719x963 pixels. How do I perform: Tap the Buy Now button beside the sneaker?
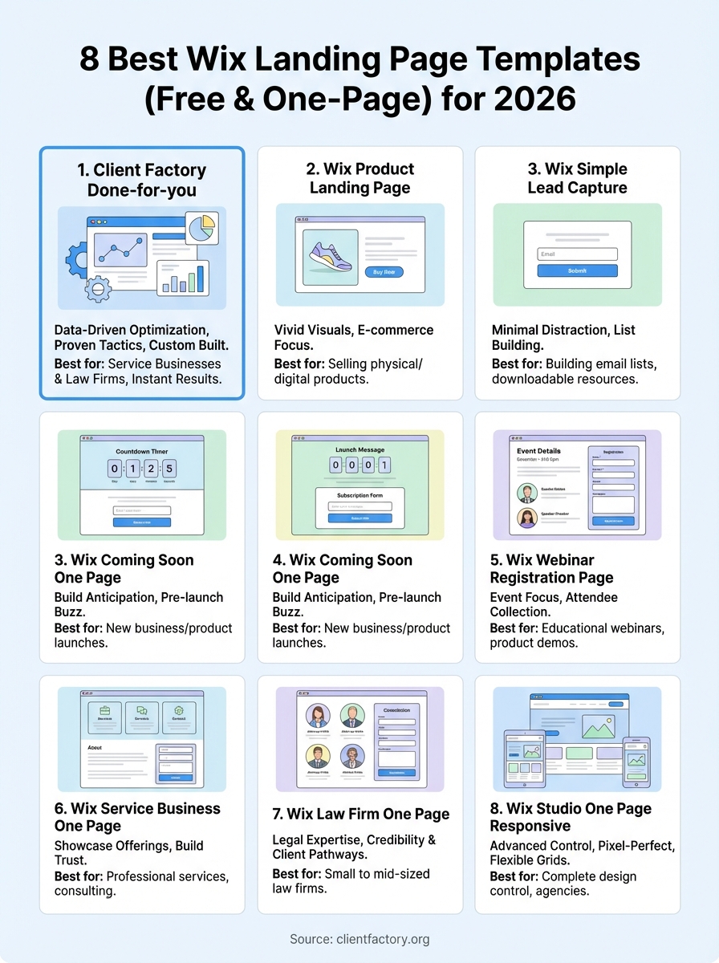pos(384,272)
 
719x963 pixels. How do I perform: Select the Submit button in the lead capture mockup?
pos(577,271)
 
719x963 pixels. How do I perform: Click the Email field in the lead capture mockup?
pos(577,254)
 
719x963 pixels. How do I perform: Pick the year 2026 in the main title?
pos(535,99)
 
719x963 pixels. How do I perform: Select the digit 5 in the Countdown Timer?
pos(169,468)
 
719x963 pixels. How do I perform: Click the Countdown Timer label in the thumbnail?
pos(142,452)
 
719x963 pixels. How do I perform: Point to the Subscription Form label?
pos(359,495)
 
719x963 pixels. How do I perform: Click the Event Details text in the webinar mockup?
pos(538,451)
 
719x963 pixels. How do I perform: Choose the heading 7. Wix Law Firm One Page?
pos(360,814)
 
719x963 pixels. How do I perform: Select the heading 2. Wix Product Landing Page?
pos(360,178)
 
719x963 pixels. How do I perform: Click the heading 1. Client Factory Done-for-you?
pos(141,180)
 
